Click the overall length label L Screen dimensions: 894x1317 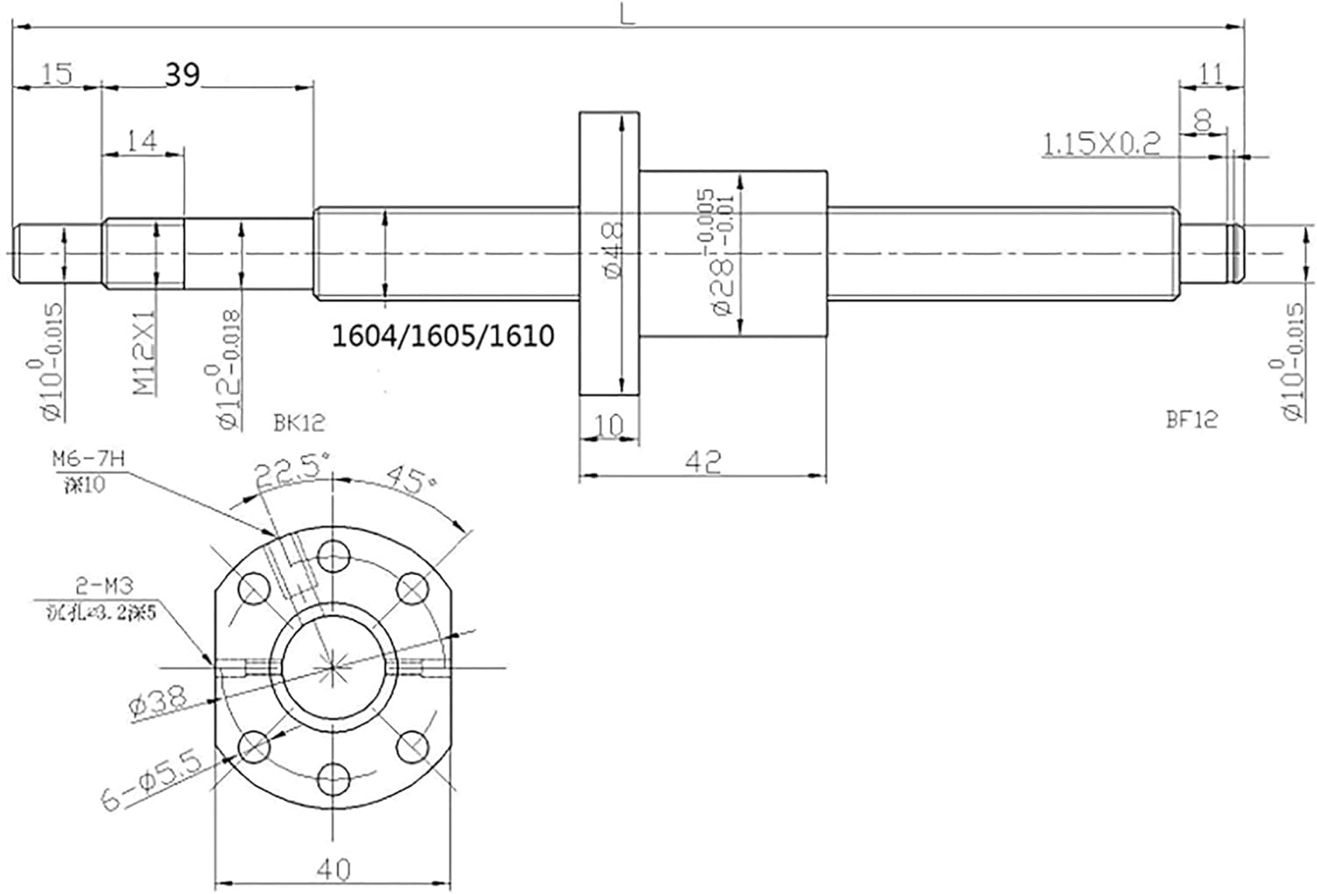click(627, 15)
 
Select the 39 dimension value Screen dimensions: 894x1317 click(182, 76)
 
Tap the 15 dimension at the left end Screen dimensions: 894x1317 click(56, 74)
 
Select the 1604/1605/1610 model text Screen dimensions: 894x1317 click(443, 335)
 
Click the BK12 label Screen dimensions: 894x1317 click(299, 423)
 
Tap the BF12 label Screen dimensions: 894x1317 click(1191, 419)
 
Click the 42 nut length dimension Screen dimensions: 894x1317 click(705, 461)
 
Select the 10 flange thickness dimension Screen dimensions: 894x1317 click(608, 426)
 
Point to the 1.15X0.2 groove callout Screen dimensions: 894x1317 click(1101, 143)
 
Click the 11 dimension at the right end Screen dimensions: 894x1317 click(1211, 74)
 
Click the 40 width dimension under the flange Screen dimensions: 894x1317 click(334, 869)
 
